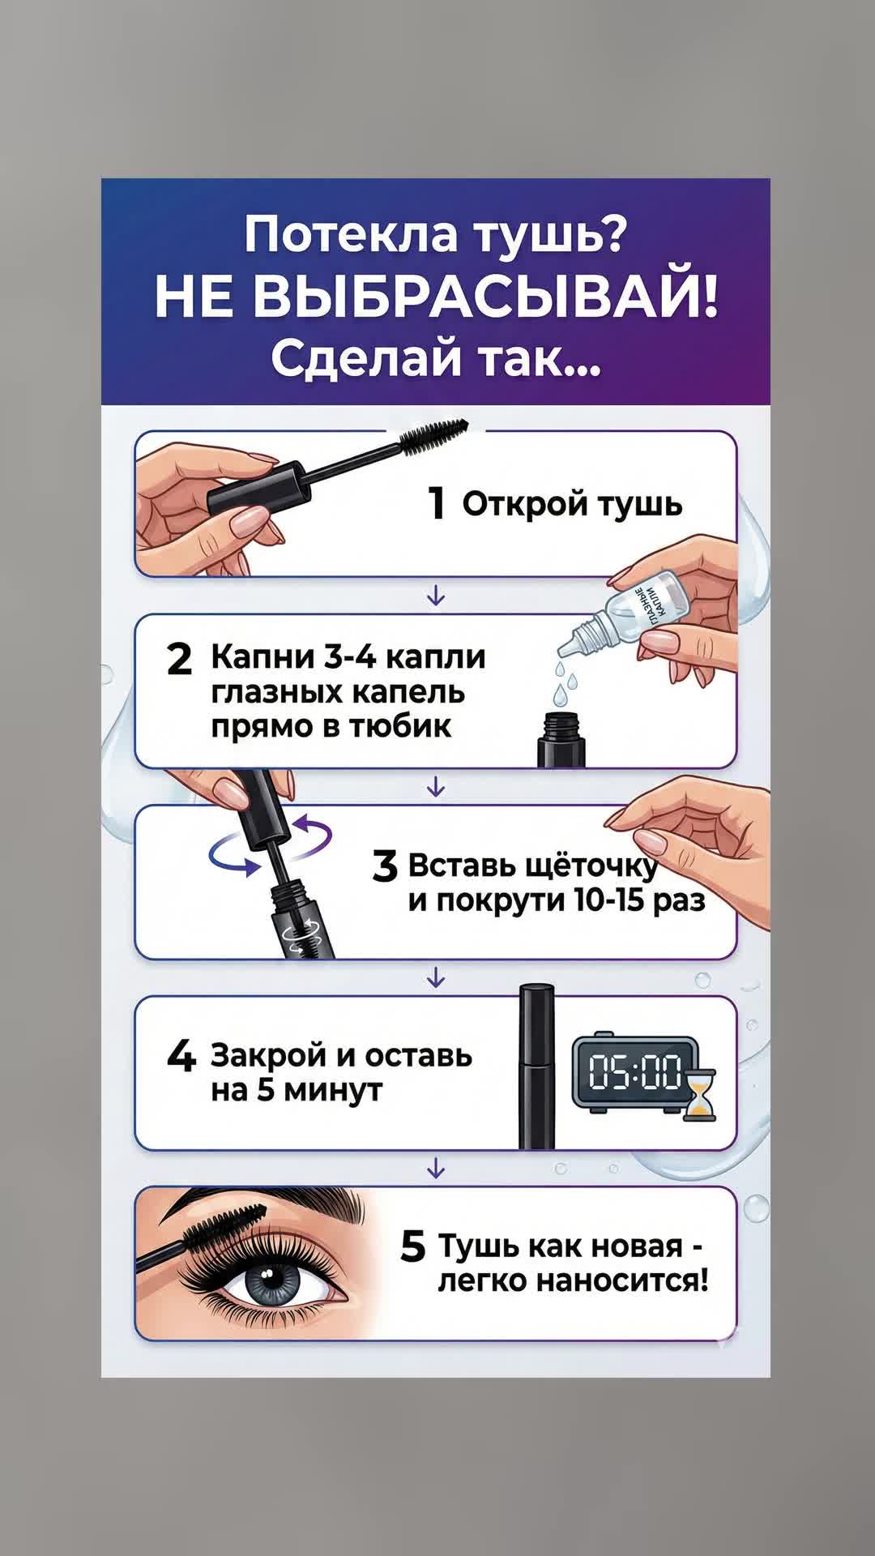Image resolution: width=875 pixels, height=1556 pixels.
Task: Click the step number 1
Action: click(x=437, y=503)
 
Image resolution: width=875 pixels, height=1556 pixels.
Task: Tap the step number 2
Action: click(x=179, y=659)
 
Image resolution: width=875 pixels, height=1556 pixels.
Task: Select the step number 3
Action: click(x=385, y=866)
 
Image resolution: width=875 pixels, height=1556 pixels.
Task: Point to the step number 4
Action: click(x=181, y=1056)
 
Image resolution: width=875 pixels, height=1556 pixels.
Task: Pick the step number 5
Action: click(x=412, y=1246)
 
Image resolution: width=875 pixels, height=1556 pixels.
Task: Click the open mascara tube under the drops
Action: click(x=561, y=739)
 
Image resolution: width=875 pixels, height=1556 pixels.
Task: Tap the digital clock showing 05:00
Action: click(x=634, y=1071)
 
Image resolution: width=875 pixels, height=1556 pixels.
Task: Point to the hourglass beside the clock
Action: click(x=699, y=1095)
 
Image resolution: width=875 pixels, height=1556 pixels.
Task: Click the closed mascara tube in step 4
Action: click(x=536, y=1067)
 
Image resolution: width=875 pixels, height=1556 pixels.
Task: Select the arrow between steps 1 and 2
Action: click(x=436, y=596)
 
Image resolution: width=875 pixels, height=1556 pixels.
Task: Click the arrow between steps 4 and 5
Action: click(x=436, y=1168)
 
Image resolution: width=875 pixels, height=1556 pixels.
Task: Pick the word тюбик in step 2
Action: click(x=400, y=726)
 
